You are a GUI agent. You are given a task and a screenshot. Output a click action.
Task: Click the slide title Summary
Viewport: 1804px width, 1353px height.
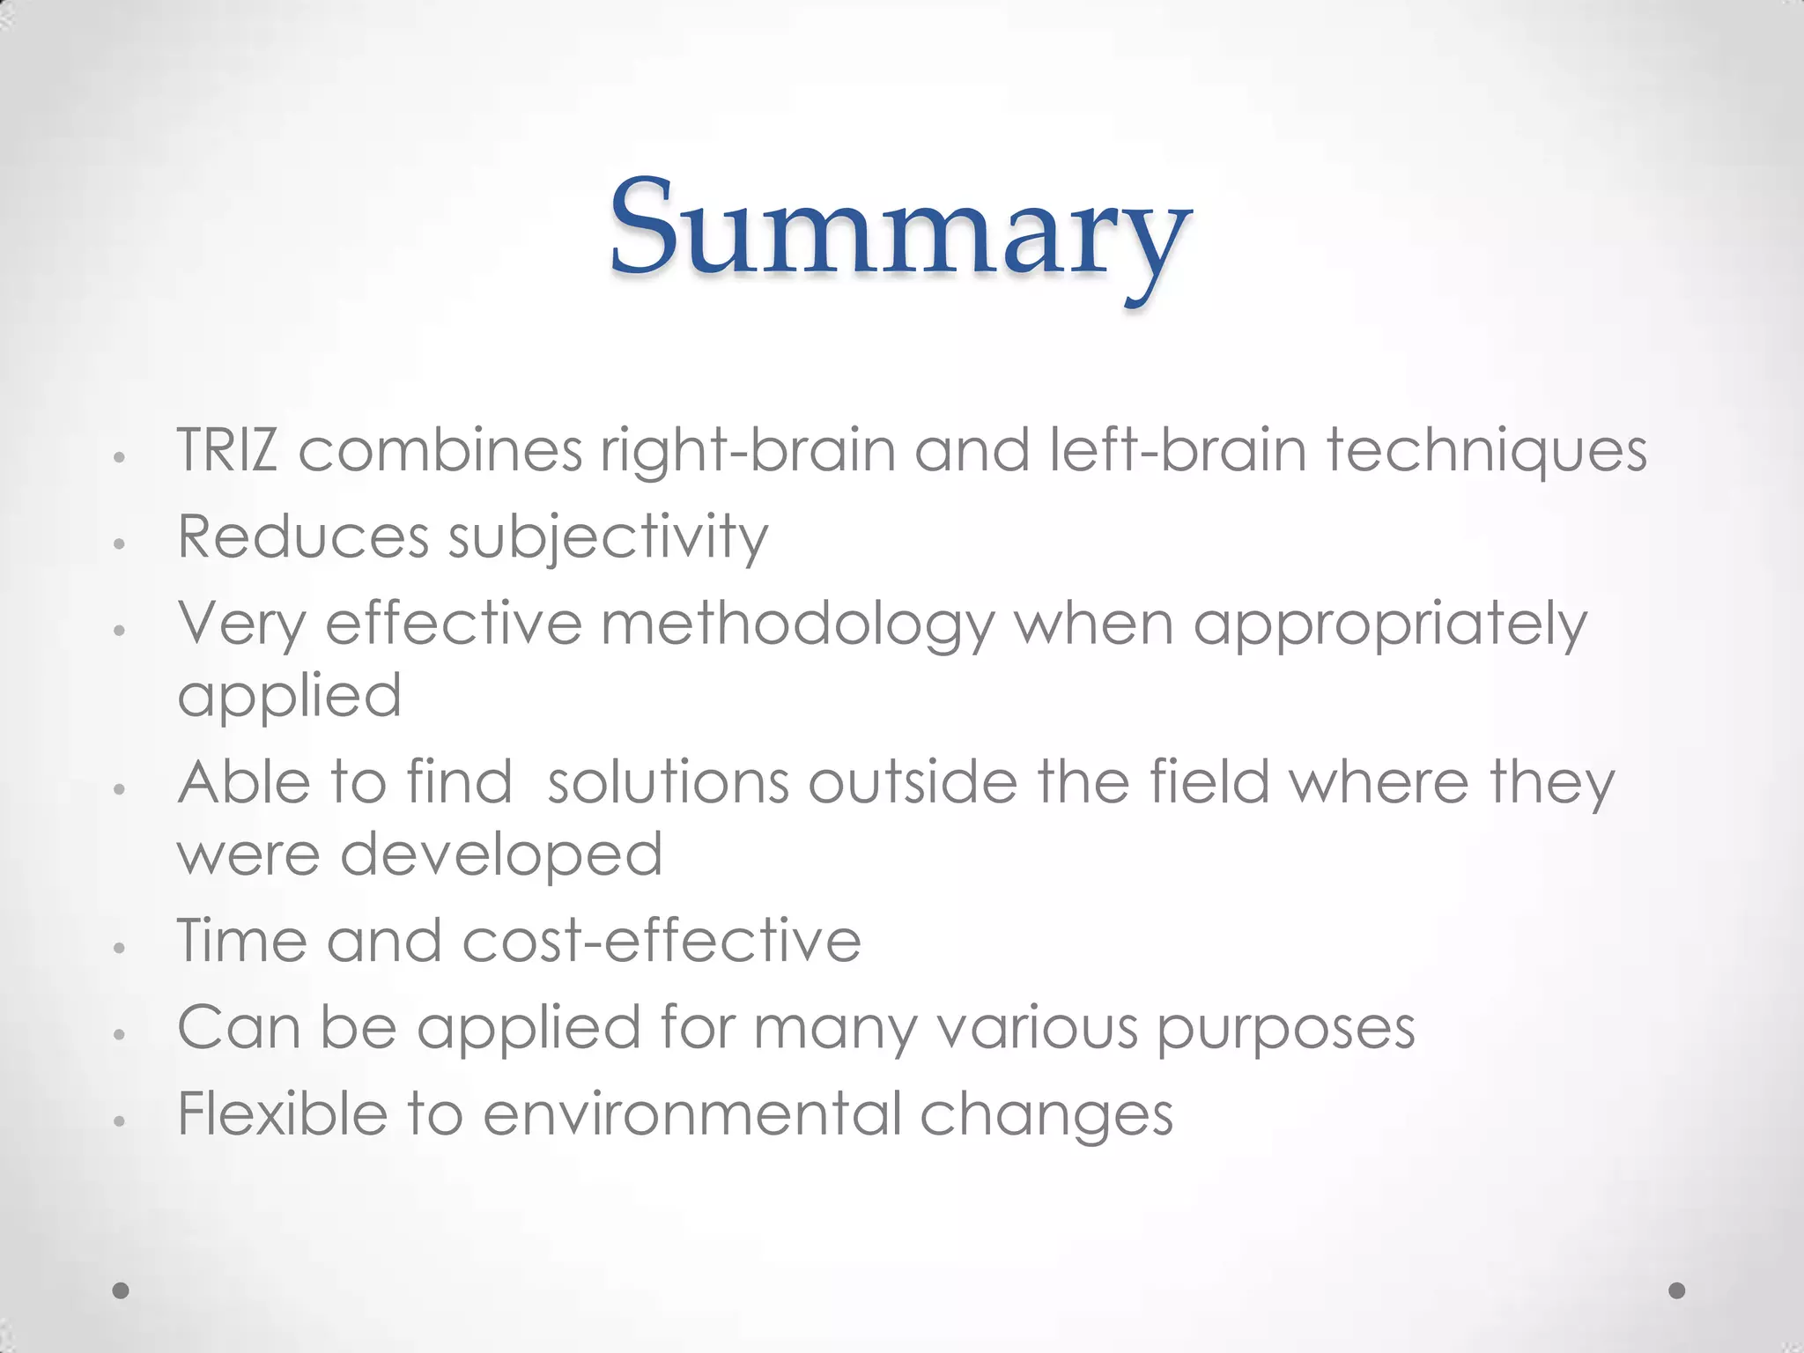coord(899,231)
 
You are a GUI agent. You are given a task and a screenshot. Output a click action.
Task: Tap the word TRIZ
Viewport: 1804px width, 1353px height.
coord(227,450)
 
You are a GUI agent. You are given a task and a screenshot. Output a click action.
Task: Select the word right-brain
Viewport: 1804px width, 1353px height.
coord(747,450)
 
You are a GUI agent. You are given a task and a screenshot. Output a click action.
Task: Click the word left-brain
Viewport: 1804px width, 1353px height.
coord(1178,450)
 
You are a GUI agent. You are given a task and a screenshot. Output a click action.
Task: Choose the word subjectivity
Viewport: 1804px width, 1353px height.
coord(608,537)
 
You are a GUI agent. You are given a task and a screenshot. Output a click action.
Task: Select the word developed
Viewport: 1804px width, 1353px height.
coord(501,855)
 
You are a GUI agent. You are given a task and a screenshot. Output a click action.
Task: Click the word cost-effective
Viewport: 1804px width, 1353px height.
coord(662,940)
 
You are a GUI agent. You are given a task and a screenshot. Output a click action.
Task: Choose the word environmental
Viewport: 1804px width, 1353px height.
coord(691,1113)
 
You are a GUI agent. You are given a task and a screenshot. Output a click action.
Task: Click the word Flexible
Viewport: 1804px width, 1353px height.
coord(282,1113)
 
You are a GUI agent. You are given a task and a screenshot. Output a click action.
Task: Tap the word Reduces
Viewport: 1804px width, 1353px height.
coord(303,536)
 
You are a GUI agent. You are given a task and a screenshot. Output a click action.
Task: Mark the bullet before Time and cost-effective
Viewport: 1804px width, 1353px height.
coord(121,948)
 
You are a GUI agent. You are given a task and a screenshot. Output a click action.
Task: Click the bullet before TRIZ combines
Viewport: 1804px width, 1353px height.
coord(121,458)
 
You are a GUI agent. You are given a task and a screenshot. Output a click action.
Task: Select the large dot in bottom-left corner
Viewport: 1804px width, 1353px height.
coord(121,1290)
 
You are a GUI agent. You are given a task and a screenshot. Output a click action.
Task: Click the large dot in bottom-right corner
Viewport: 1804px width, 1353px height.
coord(1677,1290)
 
